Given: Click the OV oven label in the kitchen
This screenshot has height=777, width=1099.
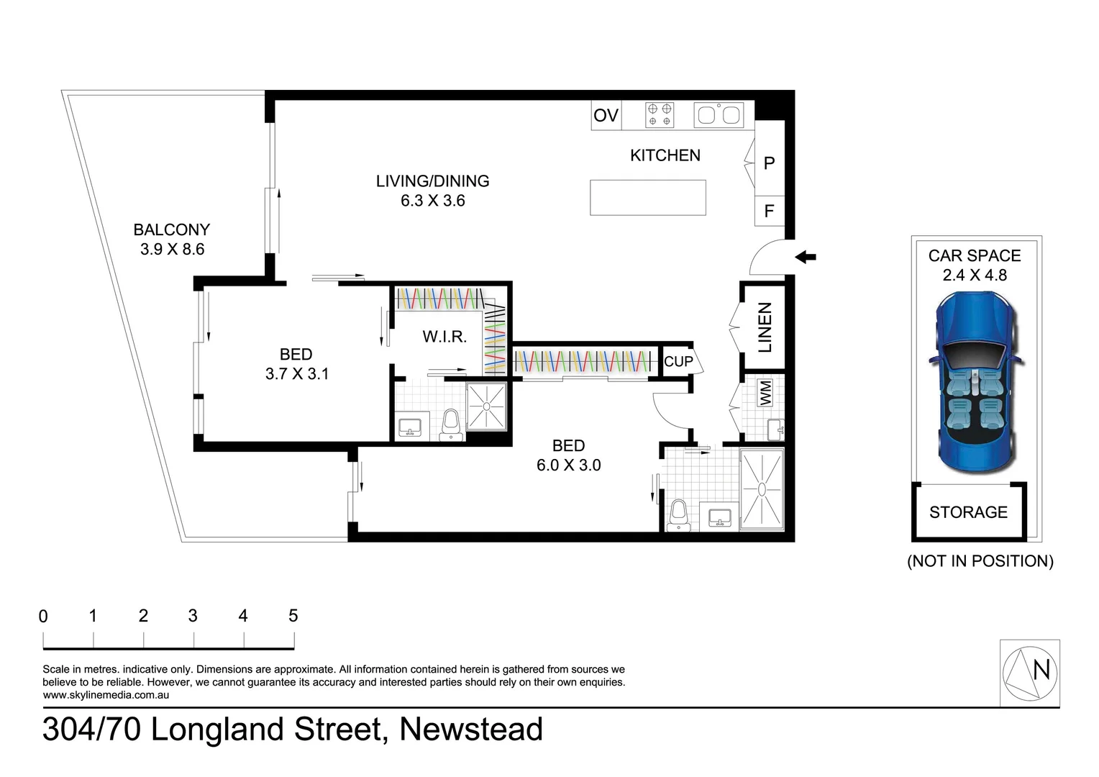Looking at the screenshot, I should [x=606, y=115].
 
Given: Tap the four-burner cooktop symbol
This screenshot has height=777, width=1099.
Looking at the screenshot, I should [x=660, y=115].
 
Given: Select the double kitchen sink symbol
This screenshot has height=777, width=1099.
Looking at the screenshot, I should [x=718, y=115].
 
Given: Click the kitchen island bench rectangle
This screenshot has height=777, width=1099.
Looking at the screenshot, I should [x=647, y=198].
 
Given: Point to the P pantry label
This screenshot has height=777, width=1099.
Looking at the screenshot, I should [x=769, y=163].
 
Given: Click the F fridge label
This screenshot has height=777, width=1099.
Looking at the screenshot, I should [x=769, y=212].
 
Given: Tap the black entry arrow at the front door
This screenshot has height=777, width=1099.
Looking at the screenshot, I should [x=806, y=257].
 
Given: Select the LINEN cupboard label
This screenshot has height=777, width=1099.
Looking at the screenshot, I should [x=765, y=327].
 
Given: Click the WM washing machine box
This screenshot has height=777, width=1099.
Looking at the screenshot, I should [x=765, y=393].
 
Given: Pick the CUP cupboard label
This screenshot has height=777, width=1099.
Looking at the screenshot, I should [x=678, y=362].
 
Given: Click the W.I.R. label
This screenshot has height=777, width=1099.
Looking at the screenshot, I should [x=444, y=337].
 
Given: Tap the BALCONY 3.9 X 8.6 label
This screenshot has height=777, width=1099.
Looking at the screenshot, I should [x=172, y=240].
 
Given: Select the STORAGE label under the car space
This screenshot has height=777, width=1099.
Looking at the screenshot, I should [x=968, y=512].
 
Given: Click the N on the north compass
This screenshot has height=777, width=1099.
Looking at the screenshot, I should [x=1041, y=671].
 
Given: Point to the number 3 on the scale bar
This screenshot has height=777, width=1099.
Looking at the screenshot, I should [x=193, y=616].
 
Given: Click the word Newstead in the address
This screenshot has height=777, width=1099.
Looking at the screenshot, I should [x=471, y=730].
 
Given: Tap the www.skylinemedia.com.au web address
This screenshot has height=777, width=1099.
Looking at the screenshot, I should [x=106, y=695].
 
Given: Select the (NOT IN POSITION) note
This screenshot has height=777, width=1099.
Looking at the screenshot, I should [x=980, y=561].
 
